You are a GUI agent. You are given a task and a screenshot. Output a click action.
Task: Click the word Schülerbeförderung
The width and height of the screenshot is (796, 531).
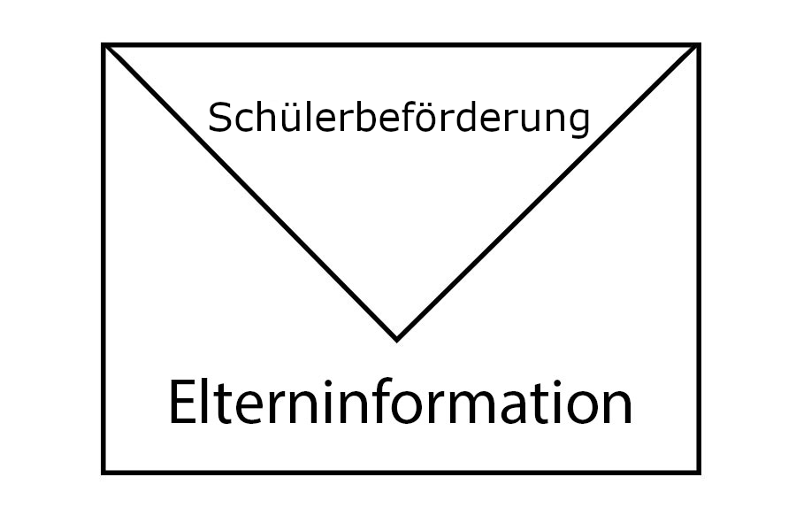tap(398, 119)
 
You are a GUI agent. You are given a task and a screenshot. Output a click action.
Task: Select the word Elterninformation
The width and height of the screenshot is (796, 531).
tap(400, 404)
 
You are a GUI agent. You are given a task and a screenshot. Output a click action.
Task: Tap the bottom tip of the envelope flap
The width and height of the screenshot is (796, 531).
tap(397, 338)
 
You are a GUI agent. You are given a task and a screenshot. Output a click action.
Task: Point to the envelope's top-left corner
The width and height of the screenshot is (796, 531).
tap(104, 45)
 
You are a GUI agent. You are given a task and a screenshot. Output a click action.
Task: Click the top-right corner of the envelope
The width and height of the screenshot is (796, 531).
tap(698, 45)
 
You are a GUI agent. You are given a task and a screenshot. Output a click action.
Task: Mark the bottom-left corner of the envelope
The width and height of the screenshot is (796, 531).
tap(104, 472)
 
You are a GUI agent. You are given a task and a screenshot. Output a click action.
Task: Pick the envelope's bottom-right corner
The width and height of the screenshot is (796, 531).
tap(698, 472)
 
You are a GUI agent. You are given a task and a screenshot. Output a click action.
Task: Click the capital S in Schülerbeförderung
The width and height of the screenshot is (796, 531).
tap(219, 119)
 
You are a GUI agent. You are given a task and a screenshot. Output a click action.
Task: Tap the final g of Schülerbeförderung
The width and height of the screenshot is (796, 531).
tap(578, 123)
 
